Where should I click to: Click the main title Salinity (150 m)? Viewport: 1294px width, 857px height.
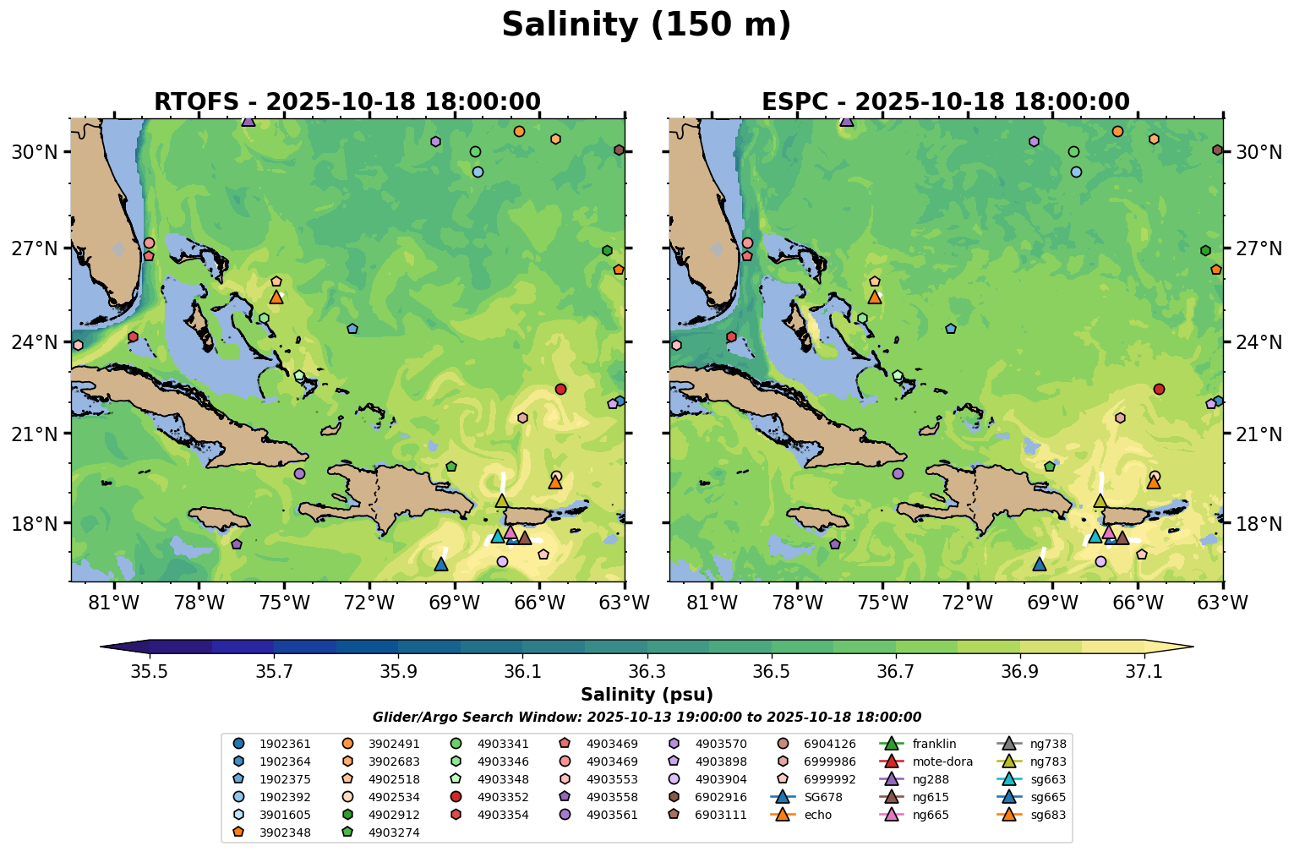(x=647, y=25)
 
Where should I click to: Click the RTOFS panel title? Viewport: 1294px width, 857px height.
(x=347, y=102)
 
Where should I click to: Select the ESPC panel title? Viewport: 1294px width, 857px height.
(x=946, y=102)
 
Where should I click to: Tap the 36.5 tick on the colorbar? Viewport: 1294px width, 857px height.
(x=772, y=671)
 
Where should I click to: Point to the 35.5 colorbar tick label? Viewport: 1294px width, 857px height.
(x=150, y=671)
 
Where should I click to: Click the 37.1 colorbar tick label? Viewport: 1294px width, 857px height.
(x=1145, y=671)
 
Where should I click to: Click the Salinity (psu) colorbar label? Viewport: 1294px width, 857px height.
(x=647, y=695)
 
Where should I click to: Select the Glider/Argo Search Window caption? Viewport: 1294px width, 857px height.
(x=647, y=718)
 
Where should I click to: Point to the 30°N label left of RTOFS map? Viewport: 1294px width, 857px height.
(x=35, y=152)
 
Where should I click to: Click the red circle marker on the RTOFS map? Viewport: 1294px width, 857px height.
(x=560, y=389)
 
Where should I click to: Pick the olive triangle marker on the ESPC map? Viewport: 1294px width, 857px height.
(x=1100, y=501)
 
